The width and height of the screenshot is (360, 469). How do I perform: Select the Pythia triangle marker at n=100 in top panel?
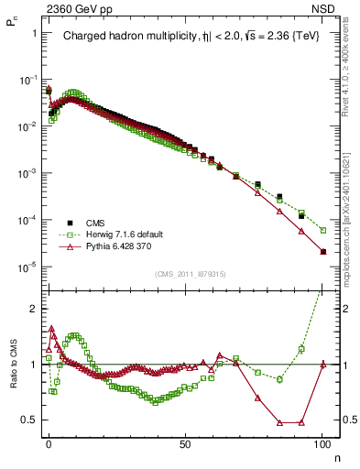[322, 252]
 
